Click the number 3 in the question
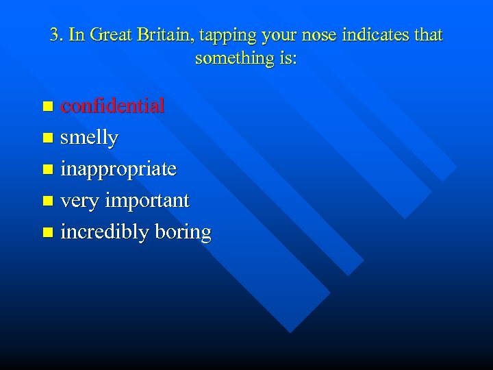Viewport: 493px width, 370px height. (x=54, y=35)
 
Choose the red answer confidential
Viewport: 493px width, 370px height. (x=112, y=106)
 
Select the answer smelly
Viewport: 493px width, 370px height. (x=89, y=138)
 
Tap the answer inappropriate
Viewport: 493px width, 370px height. (x=118, y=169)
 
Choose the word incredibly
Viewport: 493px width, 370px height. (x=105, y=232)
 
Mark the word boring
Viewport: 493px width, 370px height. (x=183, y=233)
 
